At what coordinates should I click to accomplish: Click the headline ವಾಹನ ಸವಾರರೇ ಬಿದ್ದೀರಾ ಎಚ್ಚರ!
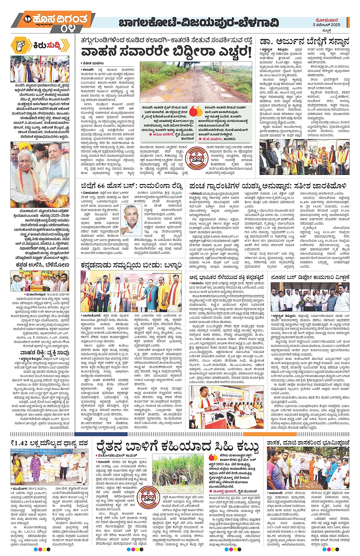click(x=166, y=52)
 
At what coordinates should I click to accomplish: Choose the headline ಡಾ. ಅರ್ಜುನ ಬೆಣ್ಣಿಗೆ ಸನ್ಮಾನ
click(x=304, y=42)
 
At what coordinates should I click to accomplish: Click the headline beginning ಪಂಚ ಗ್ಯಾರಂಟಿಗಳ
click(x=268, y=186)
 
